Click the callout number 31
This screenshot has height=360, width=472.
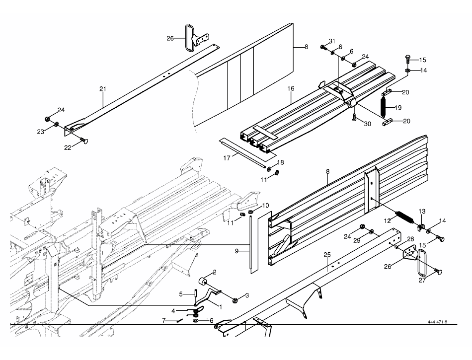332,41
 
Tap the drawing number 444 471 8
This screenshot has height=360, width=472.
437,322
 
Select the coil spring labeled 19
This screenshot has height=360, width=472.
384,107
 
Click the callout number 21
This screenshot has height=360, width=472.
103,89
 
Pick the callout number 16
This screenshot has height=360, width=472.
291,88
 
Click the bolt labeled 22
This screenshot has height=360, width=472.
84,141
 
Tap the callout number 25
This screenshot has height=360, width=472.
327,255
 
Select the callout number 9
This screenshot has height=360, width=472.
236,251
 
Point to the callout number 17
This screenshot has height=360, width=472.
227,157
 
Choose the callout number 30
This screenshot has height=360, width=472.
367,124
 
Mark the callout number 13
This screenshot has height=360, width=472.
422,212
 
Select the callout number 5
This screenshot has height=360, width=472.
181,294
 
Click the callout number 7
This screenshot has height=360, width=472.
164,321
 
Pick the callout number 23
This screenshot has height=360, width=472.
41,132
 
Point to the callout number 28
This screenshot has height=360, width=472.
410,239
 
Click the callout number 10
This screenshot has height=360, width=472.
265,206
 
